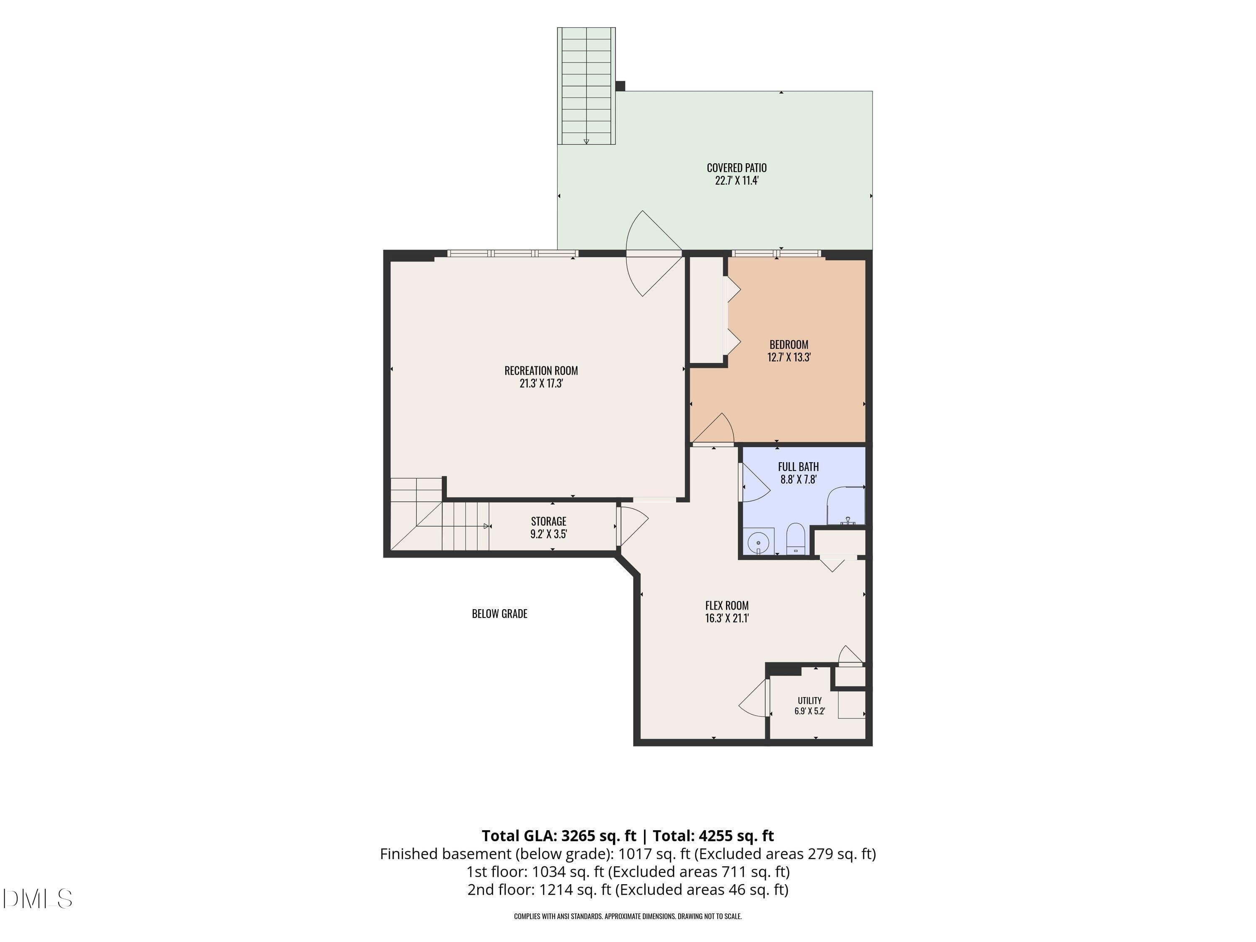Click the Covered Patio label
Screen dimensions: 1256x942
coord(736,167)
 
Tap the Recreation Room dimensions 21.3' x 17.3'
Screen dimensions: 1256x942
coord(541,383)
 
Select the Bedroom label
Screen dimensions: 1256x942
coord(789,344)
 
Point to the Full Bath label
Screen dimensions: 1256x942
coord(798,467)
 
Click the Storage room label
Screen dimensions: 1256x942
coord(548,521)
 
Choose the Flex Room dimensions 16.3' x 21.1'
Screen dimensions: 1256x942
coord(727,618)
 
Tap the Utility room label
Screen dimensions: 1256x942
coord(810,701)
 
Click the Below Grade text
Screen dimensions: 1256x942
coord(499,614)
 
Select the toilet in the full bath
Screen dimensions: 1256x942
coord(795,539)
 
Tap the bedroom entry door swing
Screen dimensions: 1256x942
coord(713,429)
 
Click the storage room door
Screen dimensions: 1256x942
coord(633,526)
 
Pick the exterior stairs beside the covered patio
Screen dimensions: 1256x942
coord(587,86)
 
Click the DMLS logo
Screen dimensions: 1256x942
coord(38,899)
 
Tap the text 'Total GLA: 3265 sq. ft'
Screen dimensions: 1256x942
coord(559,836)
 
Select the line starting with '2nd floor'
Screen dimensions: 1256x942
coord(628,889)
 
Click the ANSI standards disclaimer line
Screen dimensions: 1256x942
coord(628,916)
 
